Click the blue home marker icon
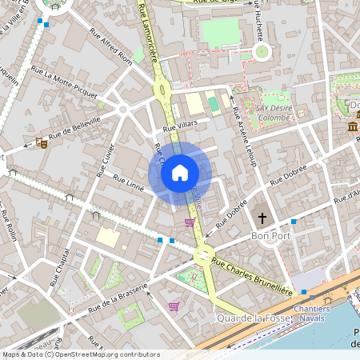(180, 173)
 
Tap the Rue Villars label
(179, 126)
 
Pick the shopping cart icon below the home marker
(190, 222)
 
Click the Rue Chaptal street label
(62, 260)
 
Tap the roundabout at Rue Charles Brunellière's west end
(203, 256)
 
